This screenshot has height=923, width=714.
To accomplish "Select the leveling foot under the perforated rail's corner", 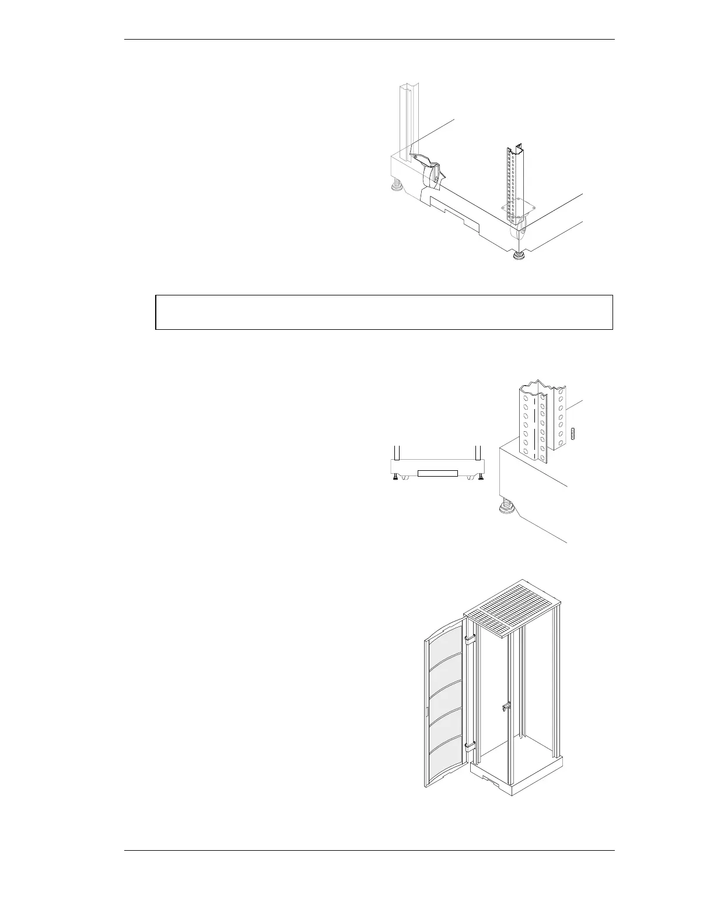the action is (x=517, y=255).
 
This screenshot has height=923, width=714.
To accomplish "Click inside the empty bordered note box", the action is (x=384, y=312).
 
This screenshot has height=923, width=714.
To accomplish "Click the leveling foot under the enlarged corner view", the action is (x=505, y=508).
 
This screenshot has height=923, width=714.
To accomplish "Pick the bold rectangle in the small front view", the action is (x=437, y=472).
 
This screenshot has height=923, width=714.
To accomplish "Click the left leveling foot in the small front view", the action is (x=397, y=477).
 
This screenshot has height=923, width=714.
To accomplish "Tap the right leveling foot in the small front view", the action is (x=481, y=477).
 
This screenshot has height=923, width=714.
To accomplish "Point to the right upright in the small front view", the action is (x=478, y=453).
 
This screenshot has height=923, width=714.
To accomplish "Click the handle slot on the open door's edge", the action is (x=426, y=711).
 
